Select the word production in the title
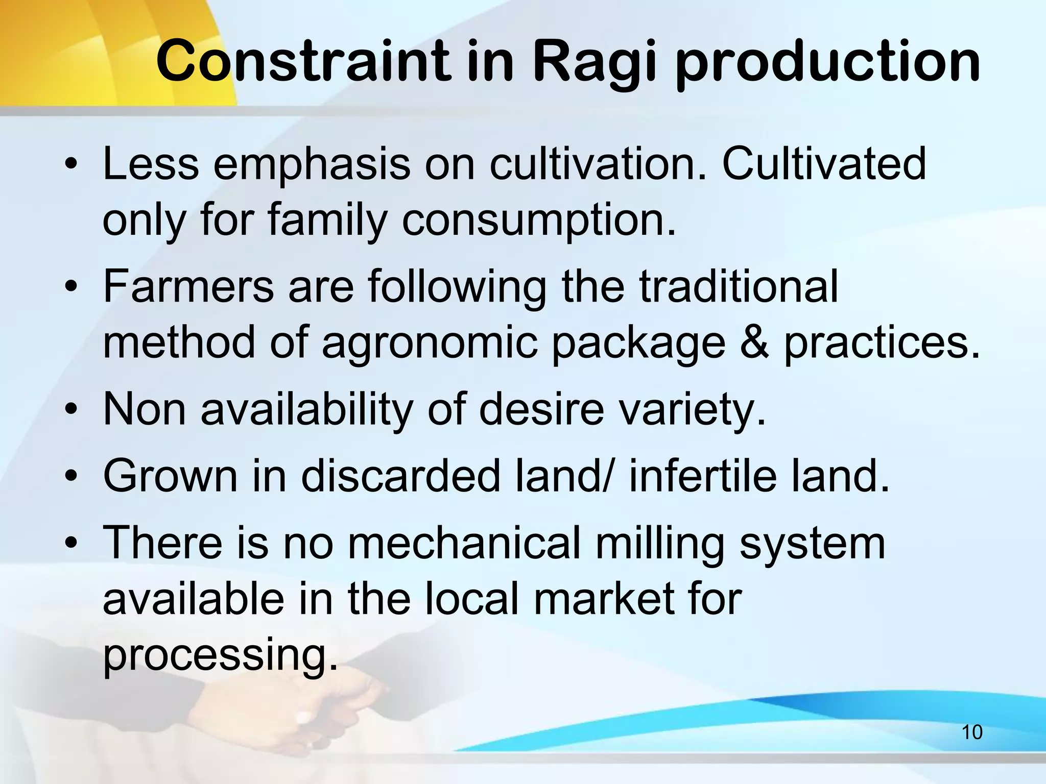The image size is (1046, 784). coord(827,62)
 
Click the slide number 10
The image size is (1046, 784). coord(972,732)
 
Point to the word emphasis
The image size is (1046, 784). coord(312,164)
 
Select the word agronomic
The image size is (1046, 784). coord(430,343)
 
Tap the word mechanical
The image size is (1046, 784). coord(464,543)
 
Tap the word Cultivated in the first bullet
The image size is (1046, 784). coord(823,164)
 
